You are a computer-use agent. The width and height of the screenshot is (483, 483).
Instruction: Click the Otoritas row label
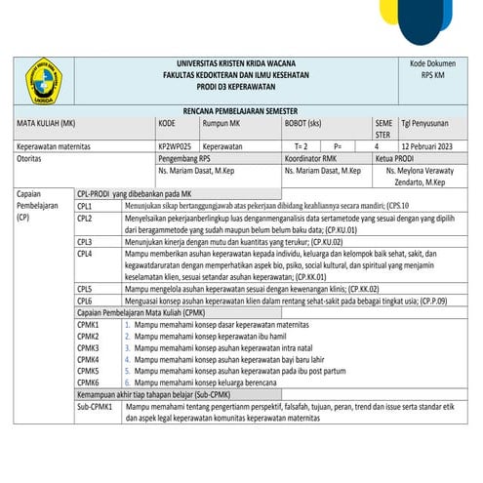pyautogui.click(x=35, y=156)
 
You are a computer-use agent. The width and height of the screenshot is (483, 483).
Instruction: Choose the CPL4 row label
pyautogui.click(x=86, y=253)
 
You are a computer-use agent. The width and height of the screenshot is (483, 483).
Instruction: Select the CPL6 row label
pyautogui.click(x=86, y=301)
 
